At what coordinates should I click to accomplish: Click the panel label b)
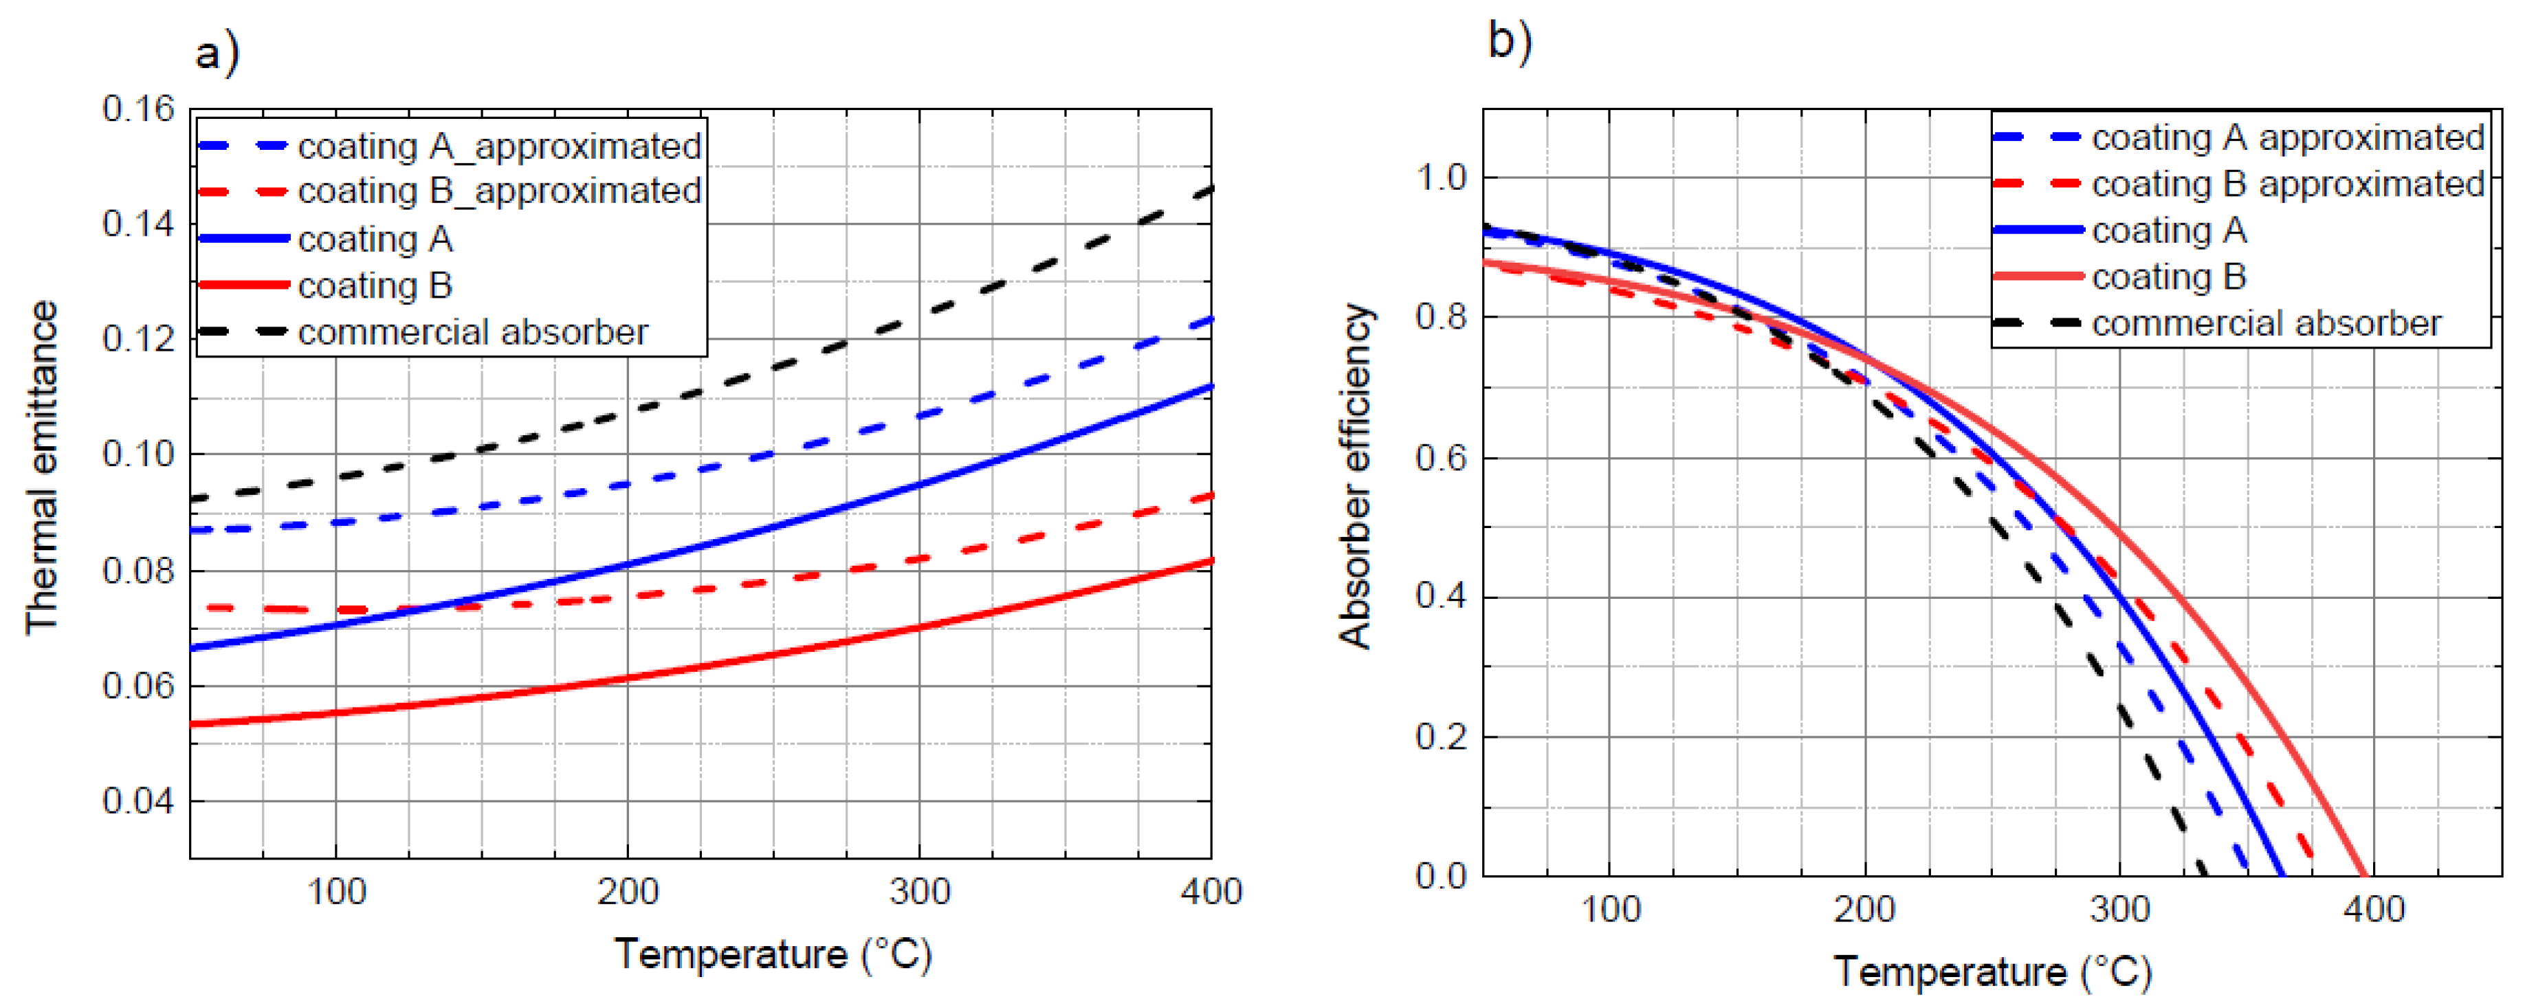1510,41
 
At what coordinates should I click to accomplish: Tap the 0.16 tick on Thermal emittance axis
138,109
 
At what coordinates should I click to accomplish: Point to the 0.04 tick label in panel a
138,801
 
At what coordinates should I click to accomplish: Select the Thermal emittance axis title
42,468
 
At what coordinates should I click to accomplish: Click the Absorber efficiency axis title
1356,476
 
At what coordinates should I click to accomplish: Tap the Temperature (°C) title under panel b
1993,972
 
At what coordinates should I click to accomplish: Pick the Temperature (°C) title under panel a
773,954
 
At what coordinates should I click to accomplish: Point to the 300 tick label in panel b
2119,910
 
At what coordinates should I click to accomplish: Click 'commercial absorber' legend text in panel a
472,332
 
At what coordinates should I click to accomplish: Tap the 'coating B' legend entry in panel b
2169,278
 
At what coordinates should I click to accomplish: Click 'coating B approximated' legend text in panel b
2288,184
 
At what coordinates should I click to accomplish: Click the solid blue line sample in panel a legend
243,239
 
